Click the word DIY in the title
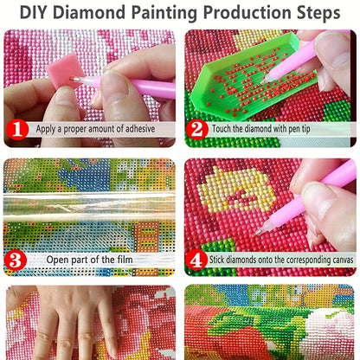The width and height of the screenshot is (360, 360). pyautogui.click(x=35, y=12)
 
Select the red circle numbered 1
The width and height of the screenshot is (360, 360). pyautogui.click(x=17, y=129)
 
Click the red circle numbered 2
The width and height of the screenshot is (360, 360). pyautogui.click(x=197, y=129)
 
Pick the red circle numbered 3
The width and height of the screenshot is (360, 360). pyautogui.click(x=16, y=260)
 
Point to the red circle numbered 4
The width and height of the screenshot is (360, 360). pyautogui.click(x=196, y=260)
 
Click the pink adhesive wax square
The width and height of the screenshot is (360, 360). pyautogui.click(x=61, y=70)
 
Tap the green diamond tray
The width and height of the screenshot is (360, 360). pyautogui.click(x=254, y=75)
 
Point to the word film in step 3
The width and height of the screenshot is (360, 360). pyautogui.click(x=125, y=260)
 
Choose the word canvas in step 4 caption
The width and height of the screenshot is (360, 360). pyautogui.click(x=343, y=260)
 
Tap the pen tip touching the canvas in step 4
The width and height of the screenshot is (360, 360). pyautogui.click(x=257, y=233)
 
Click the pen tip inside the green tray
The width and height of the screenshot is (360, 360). pyautogui.click(x=263, y=81)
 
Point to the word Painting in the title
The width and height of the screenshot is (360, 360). pyautogui.click(x=164, y=13)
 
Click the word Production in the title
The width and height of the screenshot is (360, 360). pyautogui.click(x=247, y=13)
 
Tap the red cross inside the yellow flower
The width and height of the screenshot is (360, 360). pyautogui.click(x=241, y=197)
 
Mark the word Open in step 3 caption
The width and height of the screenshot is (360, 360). pyautogui.click(x=57, y=260)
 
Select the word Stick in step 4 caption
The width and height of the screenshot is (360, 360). pyautogui.click(x=216, y=260)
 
